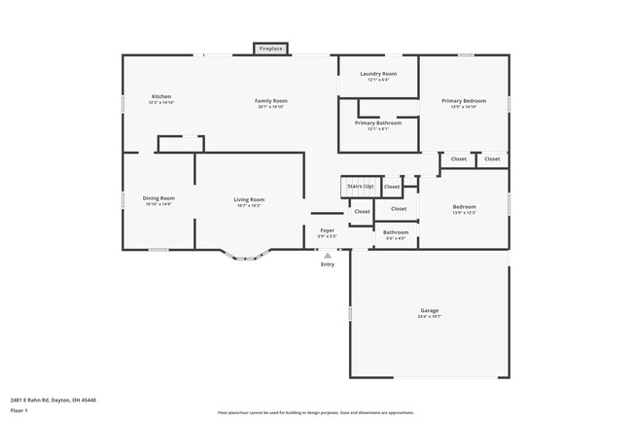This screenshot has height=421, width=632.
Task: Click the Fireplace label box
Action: pos(270,48)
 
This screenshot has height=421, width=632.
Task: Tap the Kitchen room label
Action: pos(161,96)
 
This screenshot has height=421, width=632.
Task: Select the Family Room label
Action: pos(271,101)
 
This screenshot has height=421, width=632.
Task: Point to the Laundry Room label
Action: pos(378,74)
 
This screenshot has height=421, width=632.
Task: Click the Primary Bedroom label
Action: pos(464,101)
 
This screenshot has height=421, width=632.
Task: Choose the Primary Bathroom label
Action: pos(378,123)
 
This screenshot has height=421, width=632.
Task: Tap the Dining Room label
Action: pos(158,197)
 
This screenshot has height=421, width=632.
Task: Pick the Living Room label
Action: pos(249,199)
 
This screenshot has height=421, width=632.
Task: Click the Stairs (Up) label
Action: pos(360,185)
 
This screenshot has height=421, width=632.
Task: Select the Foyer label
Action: pos(327,230)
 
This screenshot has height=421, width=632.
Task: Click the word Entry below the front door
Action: pos(328,264)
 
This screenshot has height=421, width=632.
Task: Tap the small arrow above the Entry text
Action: pos(328,255)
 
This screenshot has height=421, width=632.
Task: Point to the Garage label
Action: pos(429,310)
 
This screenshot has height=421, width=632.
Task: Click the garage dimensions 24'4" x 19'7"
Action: pos(429,316)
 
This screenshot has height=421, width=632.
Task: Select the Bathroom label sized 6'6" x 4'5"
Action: pos(396,232)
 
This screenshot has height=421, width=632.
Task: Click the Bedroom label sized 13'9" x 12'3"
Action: pos(464,206)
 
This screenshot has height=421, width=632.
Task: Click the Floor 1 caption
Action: pos(19,411)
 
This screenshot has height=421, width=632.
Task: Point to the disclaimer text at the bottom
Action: pos(315,412)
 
